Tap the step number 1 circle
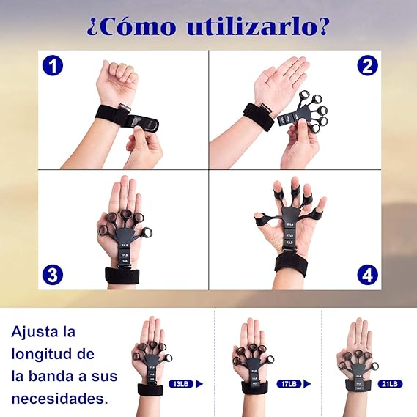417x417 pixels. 52,66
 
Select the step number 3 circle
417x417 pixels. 52,276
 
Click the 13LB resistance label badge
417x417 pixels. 181,383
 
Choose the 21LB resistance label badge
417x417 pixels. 390,383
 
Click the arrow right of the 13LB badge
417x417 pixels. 199,383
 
